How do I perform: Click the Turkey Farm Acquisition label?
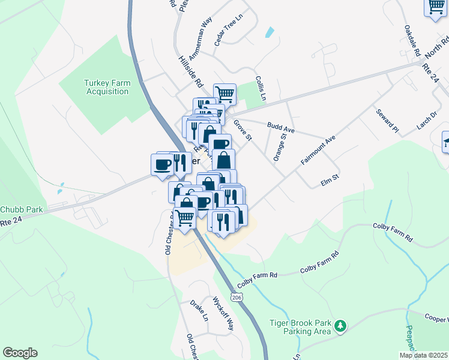pyautogui.click(x=106, y=87)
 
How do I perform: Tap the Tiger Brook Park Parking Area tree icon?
pyautogui.click(x=341, y=325)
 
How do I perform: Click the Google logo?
pyautogui.click(x=20, y=353)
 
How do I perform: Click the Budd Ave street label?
pyautogui.click(x=281, y=128)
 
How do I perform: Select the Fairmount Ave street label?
pyautogui.click(x=318, y=150)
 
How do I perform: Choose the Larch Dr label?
pyautogui.click(x=426, y=120)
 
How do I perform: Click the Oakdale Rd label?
pyautogui.click(x=412, y=39)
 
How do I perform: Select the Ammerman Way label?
pyautogui.click(x=200, y=39)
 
